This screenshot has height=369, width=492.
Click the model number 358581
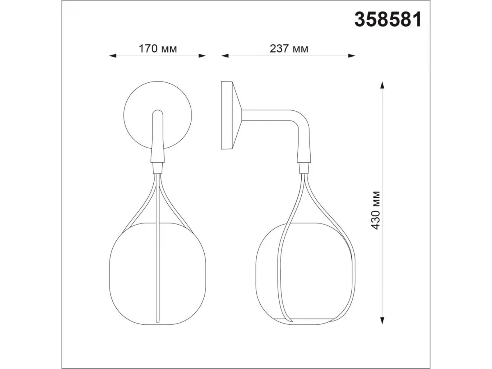[x=387, y=20]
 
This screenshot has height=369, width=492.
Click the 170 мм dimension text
[x=158, y=48]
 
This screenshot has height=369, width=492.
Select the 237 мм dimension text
[x=289, y=48]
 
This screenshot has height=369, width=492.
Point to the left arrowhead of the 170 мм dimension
[x=112, y=56]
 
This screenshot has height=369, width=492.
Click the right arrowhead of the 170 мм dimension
[x=202, y=56]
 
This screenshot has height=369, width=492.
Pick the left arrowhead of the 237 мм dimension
[x=225, y=56]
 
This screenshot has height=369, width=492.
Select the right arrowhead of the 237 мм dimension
[x=351, y=56]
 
